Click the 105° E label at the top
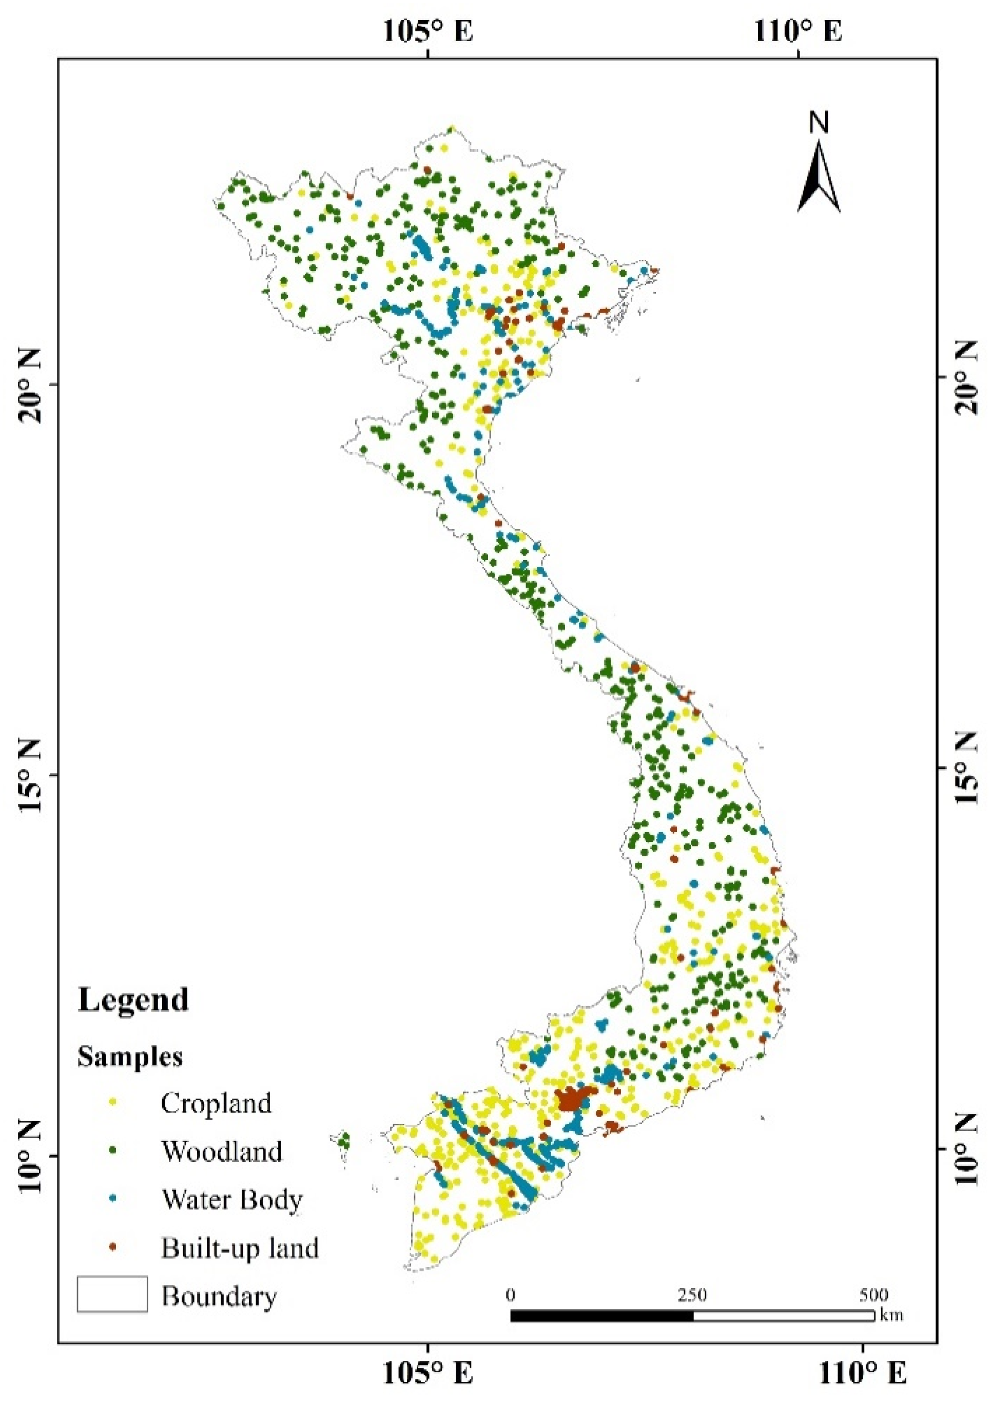click(x=429, y=30)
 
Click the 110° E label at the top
click(x=798, y=30)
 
